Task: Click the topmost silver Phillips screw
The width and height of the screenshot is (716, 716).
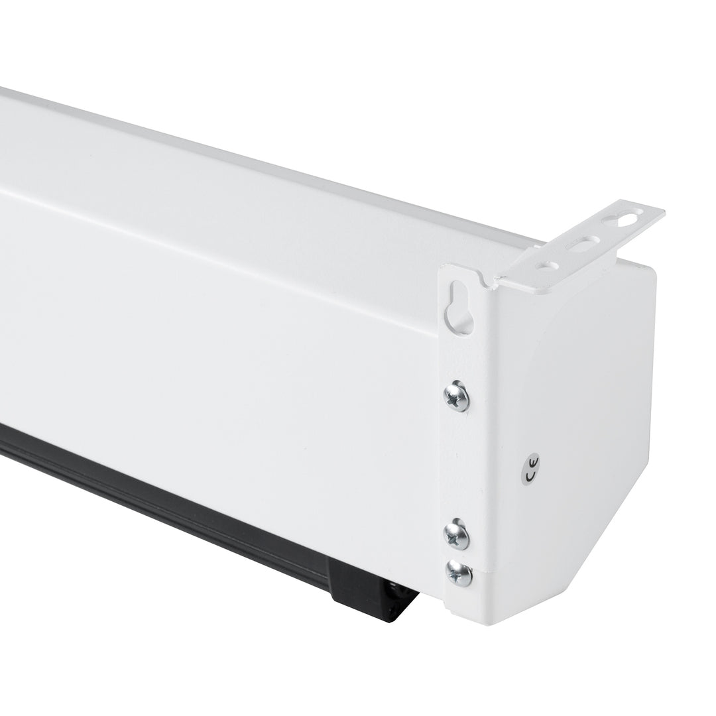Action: click(457, 396)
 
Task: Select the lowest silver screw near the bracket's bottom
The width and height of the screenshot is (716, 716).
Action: click(459, 573)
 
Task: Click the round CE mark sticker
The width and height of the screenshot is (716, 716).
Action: click(532, 468)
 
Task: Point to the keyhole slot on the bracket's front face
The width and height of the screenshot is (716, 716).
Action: click(459, 308)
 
